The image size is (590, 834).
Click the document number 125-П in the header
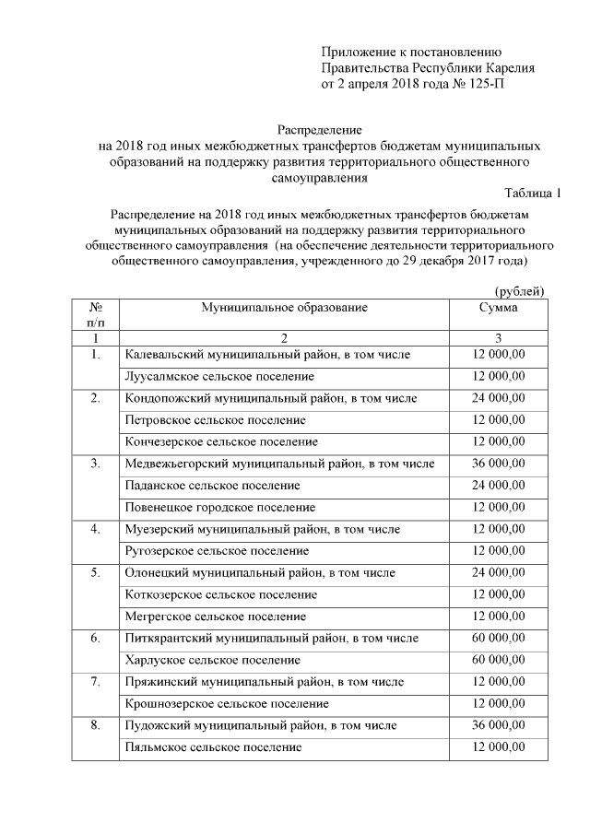point(482,84)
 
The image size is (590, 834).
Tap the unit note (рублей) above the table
point(520,291)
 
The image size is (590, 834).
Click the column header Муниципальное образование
point(284,308)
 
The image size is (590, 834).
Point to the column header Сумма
point(498,308)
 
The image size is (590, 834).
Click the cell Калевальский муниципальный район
point(267,355)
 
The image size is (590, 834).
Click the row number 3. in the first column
point(95,464)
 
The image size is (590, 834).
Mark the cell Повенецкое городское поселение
point(220,507)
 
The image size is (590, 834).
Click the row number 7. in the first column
point(95,681)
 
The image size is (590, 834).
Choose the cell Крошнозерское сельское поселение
point(227,703)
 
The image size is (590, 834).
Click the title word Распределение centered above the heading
point(320,130)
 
